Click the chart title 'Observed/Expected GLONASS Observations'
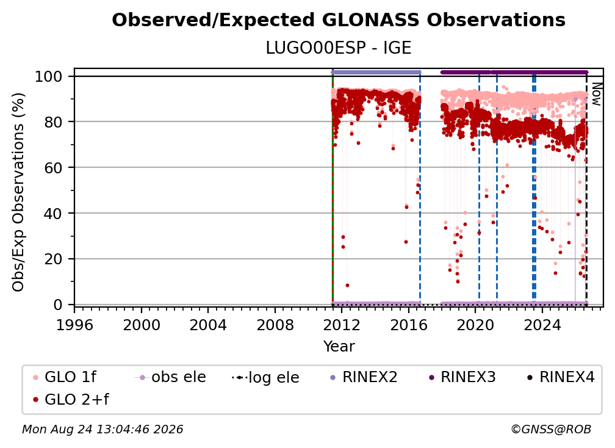click(339, 20)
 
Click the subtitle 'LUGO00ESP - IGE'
click(339, 48)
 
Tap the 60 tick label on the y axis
click(53, 167)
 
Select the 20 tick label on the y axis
click(53, 259)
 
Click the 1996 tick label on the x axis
click(74, 325)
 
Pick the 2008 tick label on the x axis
click(275, 325)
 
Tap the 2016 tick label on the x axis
click(409, 325)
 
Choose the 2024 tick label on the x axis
click(542, 325)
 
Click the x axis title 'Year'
click(339, 347)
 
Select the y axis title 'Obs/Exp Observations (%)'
click(18, 192)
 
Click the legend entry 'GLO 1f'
click(64, 377)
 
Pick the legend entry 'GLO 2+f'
click(71, 399)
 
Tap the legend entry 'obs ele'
click(170, 377)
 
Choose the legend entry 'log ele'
click(265, 377)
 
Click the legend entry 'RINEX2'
click(364, 377)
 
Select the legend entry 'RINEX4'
click(561, 377)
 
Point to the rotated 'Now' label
click(596, 94)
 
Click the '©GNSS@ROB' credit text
click(551, 429)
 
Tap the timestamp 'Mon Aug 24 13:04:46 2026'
click(103, 429)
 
